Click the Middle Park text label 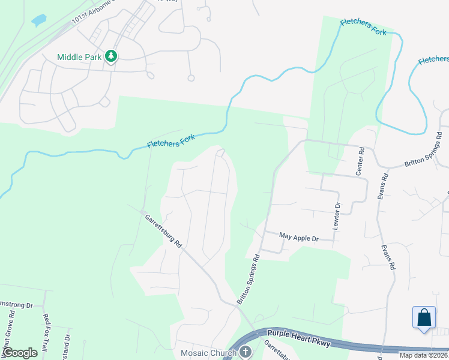tap(78, 57)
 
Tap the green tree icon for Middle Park tap(111, 56)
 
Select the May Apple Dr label tap(298, 238)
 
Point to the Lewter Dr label tap(336, 215)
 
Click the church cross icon tap(245, 352)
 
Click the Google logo tap(20, 353)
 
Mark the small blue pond tap(39, 20)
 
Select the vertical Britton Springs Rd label tap(249, 279)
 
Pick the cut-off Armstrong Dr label tap(17, 305)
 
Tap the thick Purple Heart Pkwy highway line tap(336, 344)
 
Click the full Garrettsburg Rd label tap(163, 231)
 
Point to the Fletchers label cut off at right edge tap(433, 59)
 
